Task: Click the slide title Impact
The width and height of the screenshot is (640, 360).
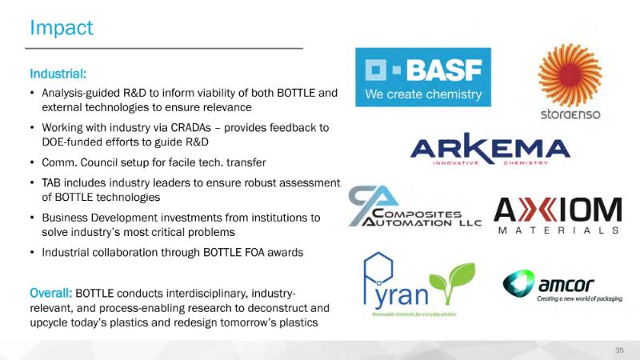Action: point(62,29)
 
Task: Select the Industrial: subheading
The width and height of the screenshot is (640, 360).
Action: point(58,74)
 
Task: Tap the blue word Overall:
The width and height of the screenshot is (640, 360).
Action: point(50,293)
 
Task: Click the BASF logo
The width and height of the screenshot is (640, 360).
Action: point(423,77)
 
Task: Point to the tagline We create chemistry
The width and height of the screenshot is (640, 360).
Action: point(423,94)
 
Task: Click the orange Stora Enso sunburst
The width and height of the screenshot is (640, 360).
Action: point(570,74)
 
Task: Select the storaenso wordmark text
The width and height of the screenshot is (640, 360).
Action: point(570,114)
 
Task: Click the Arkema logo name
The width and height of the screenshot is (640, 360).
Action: point(490,147)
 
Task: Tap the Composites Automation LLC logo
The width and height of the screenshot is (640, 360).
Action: point(414,206)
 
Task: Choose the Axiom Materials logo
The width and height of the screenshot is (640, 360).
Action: point(558,215)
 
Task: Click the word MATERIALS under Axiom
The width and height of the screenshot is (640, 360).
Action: point(558,230)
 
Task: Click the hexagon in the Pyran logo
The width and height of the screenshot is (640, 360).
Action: point(378,267)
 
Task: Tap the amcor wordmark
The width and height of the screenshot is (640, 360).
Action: point(566,285)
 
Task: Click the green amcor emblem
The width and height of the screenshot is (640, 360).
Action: point(518,283)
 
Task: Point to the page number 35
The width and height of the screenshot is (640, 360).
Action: point(619,350)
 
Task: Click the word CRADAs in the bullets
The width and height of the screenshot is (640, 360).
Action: point(190,128)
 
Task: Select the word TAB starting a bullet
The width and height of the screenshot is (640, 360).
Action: point(50,183)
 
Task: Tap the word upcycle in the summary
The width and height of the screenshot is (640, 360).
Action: point(49,323)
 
